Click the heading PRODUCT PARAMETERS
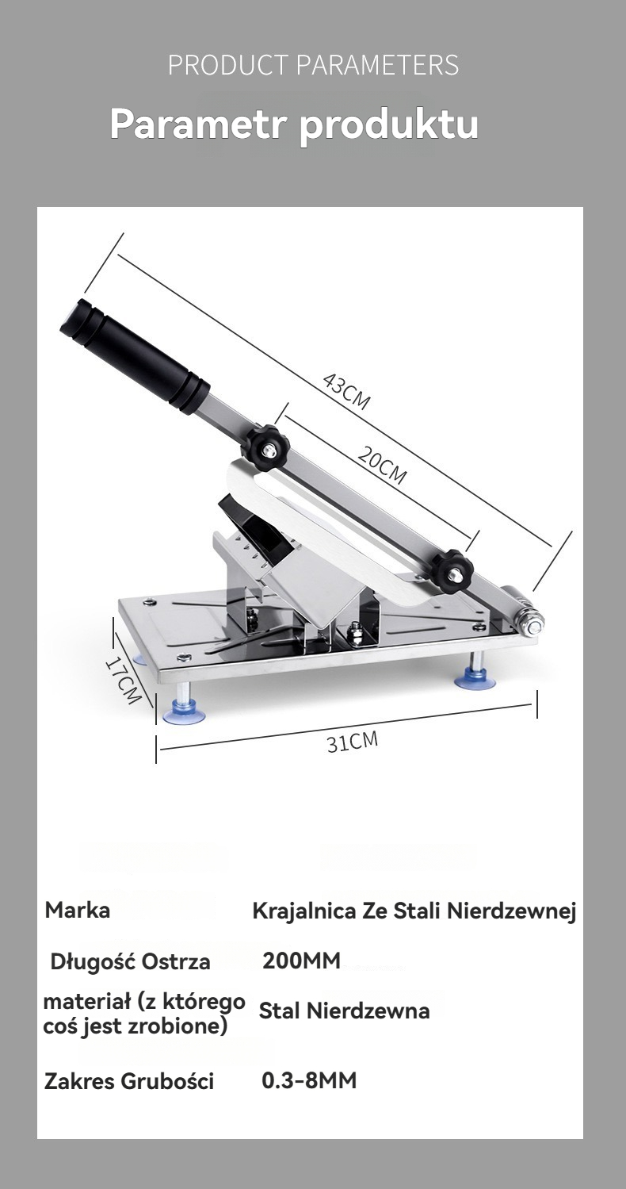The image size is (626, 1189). pos(313,65)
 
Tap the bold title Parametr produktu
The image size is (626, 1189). pos(294,125)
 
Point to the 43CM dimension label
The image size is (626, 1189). pos(346,392)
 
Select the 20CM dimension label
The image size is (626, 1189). pos(382,466)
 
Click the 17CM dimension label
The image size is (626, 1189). pos(123,681)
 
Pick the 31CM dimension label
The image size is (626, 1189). pos(353,742)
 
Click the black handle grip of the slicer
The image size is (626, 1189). pos(135,356)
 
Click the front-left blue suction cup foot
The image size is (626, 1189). pos(184,713)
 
